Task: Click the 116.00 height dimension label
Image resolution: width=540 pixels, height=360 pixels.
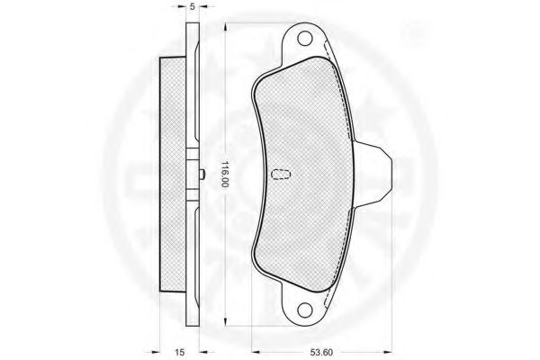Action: point(224,174)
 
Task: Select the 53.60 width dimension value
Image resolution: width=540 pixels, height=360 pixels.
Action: point(321,352)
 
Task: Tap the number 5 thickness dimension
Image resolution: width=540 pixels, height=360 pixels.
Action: point(193,6)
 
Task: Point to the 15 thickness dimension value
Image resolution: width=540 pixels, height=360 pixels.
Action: point(179,352)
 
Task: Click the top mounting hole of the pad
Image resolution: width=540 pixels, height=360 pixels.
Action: point(305,38)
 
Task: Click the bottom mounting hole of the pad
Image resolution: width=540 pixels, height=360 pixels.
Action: point(305,310)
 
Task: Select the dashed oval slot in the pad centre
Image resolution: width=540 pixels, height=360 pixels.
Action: point(281,174)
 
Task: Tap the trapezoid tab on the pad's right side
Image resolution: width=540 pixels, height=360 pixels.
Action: point(372,174)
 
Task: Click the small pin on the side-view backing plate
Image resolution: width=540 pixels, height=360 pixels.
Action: point(202,175)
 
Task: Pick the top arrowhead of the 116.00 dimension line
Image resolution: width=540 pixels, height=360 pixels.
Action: point(225,28)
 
